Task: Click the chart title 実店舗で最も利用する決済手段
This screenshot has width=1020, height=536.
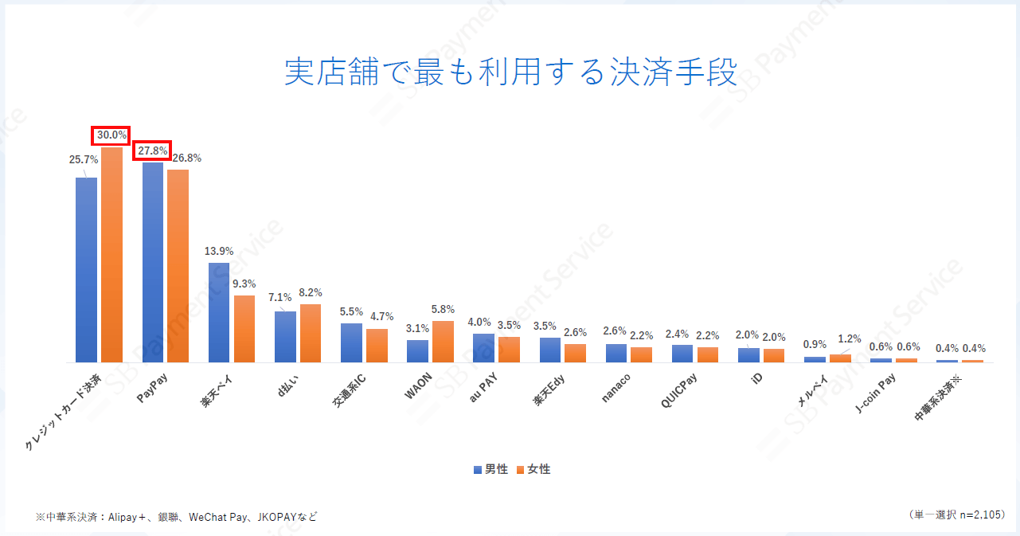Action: point(510,72)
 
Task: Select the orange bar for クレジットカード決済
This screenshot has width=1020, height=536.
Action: point(111,255)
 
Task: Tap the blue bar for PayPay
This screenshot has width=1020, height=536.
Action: point(153,263)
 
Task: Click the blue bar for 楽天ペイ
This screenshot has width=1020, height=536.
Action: point(219,312)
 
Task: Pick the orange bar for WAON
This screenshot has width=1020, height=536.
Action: point(443,342)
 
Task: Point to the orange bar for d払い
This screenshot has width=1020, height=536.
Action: point(311,333)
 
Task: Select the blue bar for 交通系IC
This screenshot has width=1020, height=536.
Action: point(351,342)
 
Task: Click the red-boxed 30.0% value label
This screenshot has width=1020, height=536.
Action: point(111,135)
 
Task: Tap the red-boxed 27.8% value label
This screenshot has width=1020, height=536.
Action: point(152,150)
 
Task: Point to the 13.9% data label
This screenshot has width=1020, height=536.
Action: point(219,251)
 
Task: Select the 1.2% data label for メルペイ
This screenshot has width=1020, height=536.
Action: point(850,338)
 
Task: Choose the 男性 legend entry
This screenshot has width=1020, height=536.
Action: point(490,469)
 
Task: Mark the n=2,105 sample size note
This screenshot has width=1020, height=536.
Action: point(978,514)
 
